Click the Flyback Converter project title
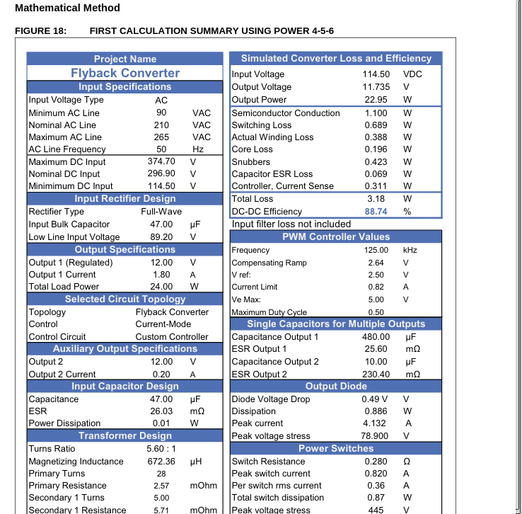click(x=125, y=73)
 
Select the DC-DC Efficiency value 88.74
click(x=376, y=212)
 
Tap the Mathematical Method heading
click(x=67, y=8)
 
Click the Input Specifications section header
click(x=124, y=86)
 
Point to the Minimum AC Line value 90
click(x=161, y=113)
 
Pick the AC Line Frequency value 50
click(x=161, y=149)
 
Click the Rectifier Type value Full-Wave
click(x=161, y=212)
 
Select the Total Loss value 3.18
click(x=376, y=199)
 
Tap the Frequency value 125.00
click(x=376, y=250)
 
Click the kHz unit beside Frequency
click(x=410, y=250)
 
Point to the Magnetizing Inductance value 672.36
click(x=161, y=462)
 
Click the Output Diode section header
click(x=336, y=386)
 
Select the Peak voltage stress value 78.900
click(x=376, y=436)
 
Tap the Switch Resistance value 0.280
click(x=376, y=462)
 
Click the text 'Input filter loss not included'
click(x=291, y=224)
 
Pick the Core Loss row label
click(x=253, y=149)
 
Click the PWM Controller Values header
click(x=336, y=236)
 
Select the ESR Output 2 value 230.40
click(x=376, y=374)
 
